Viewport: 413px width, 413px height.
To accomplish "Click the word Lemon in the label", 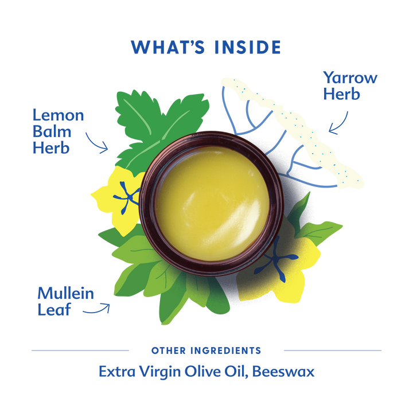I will click(58, 115).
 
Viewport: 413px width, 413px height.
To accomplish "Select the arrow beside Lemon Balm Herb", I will click(97, 142).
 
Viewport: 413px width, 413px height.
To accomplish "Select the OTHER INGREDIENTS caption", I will click(206, 350).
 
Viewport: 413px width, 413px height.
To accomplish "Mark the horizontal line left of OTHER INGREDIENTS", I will click(80, 350).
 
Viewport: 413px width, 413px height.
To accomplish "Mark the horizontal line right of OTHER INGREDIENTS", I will click(333, 350).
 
